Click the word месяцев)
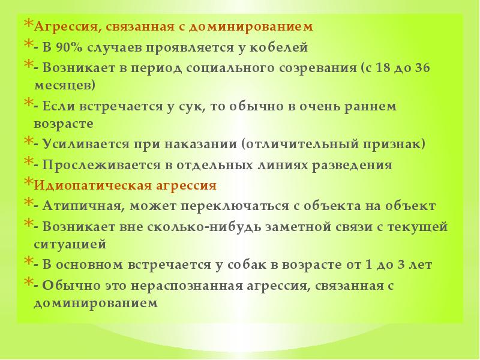[64, 85]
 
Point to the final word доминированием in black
[95, 303]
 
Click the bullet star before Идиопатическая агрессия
[28, 182]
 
